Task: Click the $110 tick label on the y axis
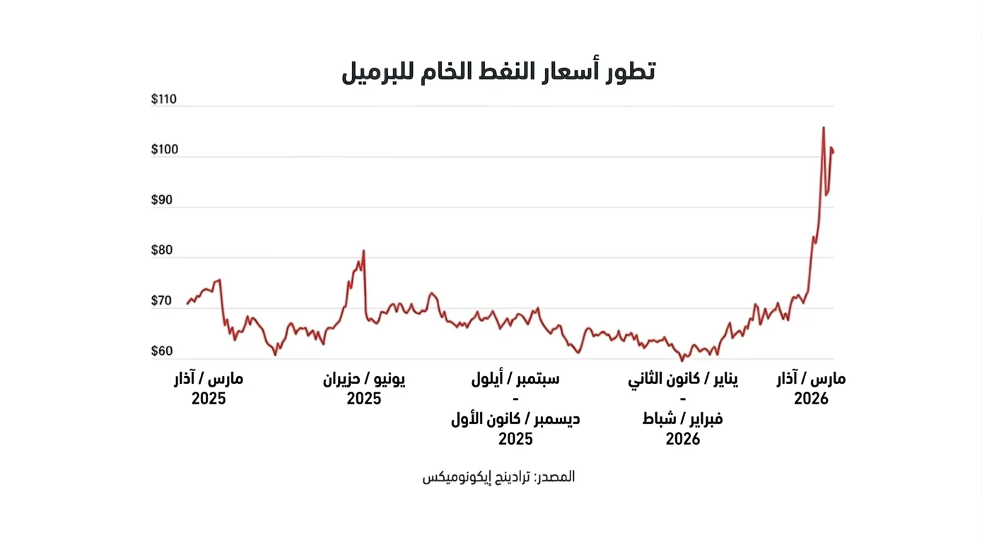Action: (x=163, y=100)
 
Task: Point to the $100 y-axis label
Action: (x=163, y=150)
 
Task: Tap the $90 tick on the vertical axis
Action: (x=162, y=200)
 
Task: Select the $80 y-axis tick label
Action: (x=162, y=251)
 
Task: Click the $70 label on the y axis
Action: (x=162, y=301)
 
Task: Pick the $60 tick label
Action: (x=162, y=351)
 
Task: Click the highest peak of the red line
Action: (x=824, y=128)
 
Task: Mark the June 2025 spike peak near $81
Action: (x=363, y=251)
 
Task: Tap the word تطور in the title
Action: (x=627, y=71)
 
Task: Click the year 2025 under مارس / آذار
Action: (x=209, y=399)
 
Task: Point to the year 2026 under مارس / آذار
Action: (x=811, y=399)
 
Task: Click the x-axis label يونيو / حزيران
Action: (x=364, y=379)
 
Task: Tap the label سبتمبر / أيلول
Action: (x=515, y=379)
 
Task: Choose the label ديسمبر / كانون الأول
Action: (x=515, y=419)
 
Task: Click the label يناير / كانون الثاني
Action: (x=683, y=379)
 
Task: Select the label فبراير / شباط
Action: (x=683, y=419)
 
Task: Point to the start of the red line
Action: (x=188, y=303)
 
